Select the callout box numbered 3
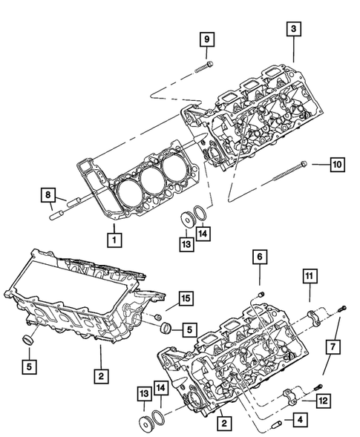294,28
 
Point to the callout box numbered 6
259,257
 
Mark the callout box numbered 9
207,38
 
